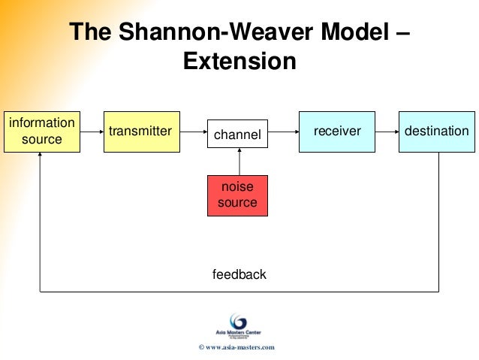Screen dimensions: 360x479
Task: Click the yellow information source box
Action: pos(41,132)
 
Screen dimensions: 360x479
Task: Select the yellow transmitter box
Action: pos(140,132)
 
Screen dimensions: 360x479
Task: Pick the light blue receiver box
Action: pos(337,132)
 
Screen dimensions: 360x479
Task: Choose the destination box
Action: pos(436,132)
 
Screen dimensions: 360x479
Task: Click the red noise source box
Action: pos(237,195)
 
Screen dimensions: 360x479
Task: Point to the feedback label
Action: pos(239,274)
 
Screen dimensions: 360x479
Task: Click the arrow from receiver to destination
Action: pos(386,132)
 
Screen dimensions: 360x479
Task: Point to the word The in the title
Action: pos(93,32)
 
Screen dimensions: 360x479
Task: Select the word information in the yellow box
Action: pos(41,123)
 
